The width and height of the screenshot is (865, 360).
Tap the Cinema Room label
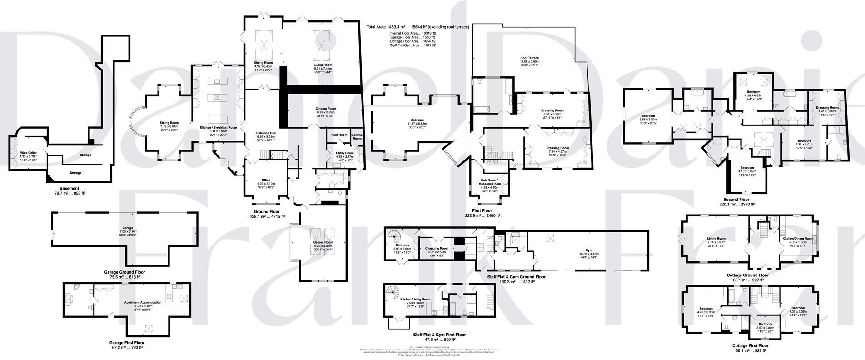pyautogui.click(x=326, y=109)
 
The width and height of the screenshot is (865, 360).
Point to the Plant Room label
pyautogui.click(x=338, y=135)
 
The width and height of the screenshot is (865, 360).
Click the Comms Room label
pyautogui.click(x=357, y=136)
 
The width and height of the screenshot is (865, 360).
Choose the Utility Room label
pyautogui.click(x=344, y=153)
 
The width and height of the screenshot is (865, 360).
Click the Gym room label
pyautogui.click(x=589, y=250)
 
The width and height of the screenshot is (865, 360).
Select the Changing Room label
pyautogui.click(x=437, y=249)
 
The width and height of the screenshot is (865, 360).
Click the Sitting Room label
pyautogui.click(x=169, y=123)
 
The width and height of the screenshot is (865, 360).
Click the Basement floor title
pyautogui.click(x=69, y=188)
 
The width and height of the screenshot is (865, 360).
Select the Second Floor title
pyautogui.click(x=736, y=199)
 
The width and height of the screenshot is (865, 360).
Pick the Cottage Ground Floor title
pyautogui.click(x=747, y=275)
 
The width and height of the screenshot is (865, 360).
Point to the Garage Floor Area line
pyautogui.click(x=412, y=37)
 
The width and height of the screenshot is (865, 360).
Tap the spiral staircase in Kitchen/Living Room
pyautogui.click(x=392, y=291)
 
